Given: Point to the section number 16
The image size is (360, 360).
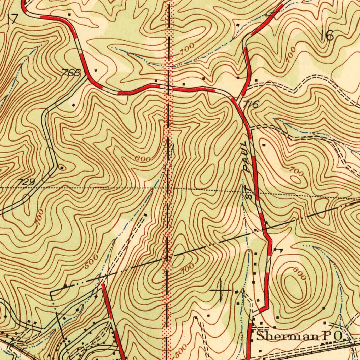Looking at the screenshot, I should pos(329,35).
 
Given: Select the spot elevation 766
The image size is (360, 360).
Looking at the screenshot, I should pos(71,73).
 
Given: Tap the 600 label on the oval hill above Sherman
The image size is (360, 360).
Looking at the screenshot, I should pos(300,273).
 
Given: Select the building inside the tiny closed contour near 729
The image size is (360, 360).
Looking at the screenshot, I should pos(62,168).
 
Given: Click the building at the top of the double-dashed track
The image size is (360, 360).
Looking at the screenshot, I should pos(146,214).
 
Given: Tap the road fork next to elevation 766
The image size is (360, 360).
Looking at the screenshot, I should pos(85,78).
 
